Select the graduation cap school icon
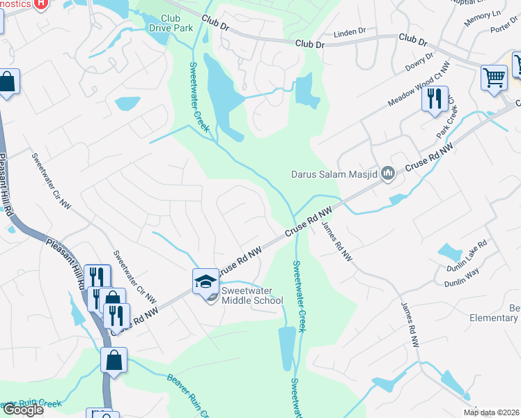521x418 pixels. [205, 281]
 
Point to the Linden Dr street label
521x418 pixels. [350, 32]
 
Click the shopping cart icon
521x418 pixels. [494, 77]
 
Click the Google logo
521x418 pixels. [22, 410]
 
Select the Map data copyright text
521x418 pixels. [492, 412]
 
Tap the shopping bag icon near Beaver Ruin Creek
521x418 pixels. [114, 361]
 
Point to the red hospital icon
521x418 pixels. [41, 3]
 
